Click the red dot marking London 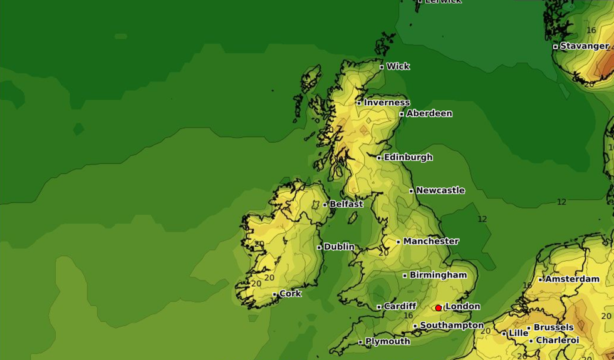pos(439,308)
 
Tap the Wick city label pos(398,66)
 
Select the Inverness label pos(387,103)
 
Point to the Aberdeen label pos(429,114)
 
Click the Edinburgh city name pos(408,157)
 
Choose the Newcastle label pos(440,190)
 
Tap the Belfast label pos(346,204)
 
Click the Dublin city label pos(339,247)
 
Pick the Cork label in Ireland pos(290,294)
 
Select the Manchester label pos(431,241)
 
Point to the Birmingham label pos(438,275)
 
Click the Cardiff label pos(400,306)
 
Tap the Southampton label pos(452,326)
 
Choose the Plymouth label pos(388,342)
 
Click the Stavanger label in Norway pos(585,46)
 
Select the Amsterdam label pos(572,279)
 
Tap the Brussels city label pos(553,327)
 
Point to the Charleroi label pos(558,341)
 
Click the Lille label pos(518,333)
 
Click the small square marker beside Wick pos(382,67)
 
